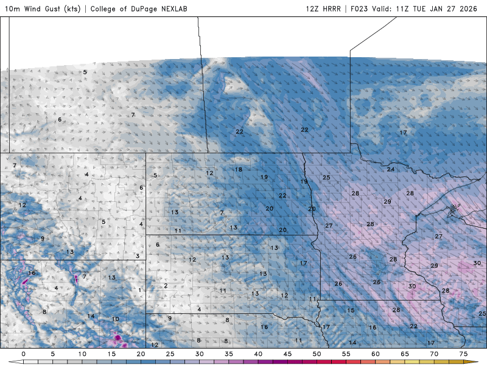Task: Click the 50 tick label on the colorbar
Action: pyautogui.click(x=317, y=353)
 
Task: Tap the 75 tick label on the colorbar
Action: pyautogui.click(x=463, y=353)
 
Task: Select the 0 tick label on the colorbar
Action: pyautogui.click(x=23, y=353)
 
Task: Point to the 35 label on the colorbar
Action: pyautogui.click(x=228, y=353)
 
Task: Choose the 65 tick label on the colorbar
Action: pyautogui.click(x=404, y=353)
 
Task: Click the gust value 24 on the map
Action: pyautogui.click(x=390, y=169)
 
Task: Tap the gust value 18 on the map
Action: pyautogui.click(x=239, y=169)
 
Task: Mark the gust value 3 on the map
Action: pyautogui.click(x=138, y=256)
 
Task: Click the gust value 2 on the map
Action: pyautogui.click(x=166, y=285)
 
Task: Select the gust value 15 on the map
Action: pyautogui.click(x=351, y=310)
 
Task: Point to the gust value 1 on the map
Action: pyautogui.click(x=140, y=290)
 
